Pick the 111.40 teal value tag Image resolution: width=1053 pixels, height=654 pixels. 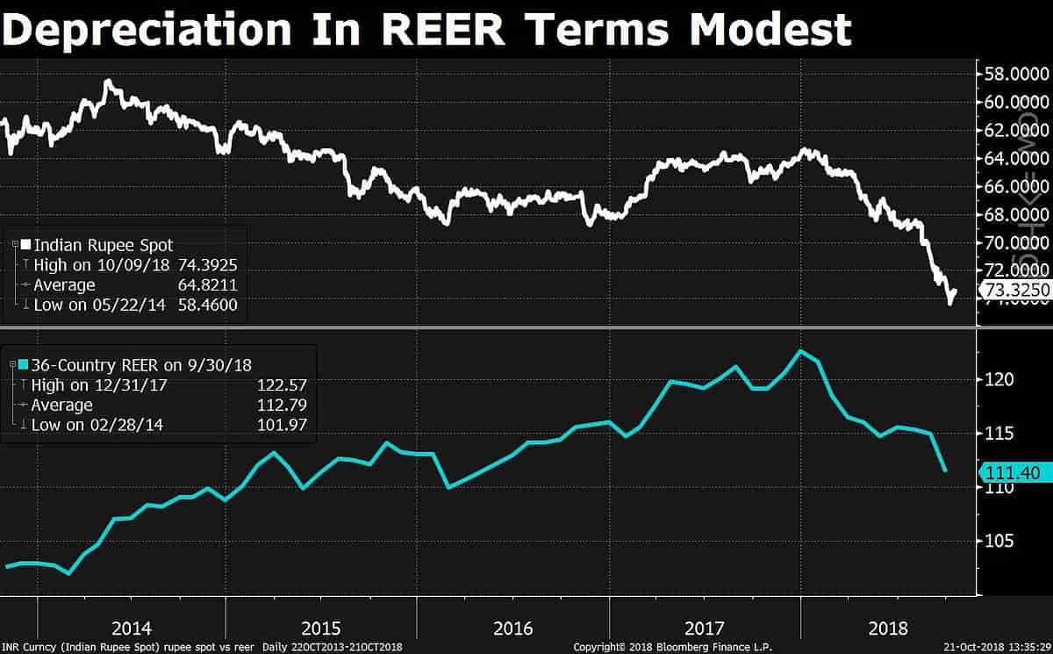(1013, 472)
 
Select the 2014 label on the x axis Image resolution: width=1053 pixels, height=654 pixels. (132, 629)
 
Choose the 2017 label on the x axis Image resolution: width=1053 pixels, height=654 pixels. (706, 629)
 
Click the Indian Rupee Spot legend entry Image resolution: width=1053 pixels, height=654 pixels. (104, 245)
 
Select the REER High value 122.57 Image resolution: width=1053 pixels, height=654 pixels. (282, 384)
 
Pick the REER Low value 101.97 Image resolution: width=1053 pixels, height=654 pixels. (282, 425)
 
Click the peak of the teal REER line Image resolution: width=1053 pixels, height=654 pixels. (800, 351)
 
